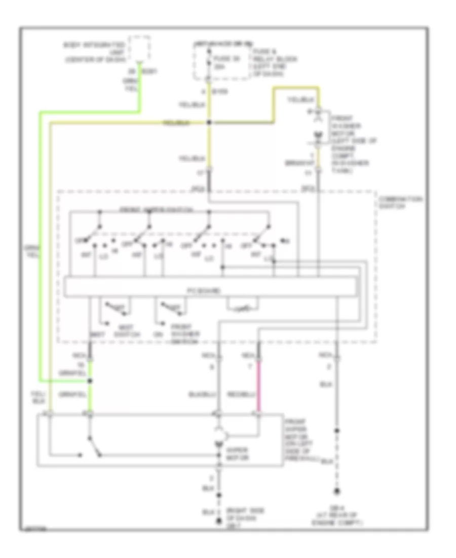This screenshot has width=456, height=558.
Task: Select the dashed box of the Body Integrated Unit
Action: (x=140, y=48)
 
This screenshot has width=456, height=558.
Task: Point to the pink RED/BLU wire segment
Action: (x=259, y=386)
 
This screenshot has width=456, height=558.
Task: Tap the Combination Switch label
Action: (x=400, y=203)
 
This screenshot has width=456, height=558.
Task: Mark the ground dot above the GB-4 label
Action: (x=336, y=491)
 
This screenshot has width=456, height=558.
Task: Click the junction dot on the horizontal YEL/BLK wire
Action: (x=209, y=122)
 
